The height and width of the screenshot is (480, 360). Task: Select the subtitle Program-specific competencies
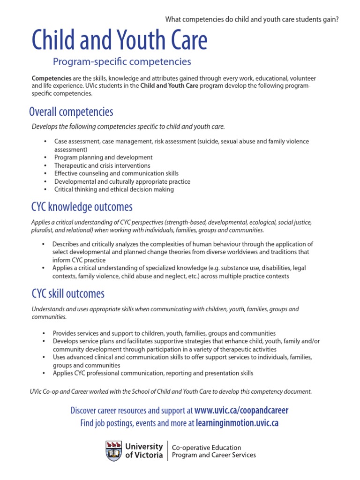[122, 61]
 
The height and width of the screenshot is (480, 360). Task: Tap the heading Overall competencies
[71, 112]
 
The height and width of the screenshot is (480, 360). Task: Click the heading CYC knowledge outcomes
[82, 207]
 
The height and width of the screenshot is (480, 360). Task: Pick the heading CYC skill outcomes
[68, 294]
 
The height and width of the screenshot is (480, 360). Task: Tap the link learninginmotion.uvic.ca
[237, 423]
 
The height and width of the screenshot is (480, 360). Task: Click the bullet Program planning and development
[103, 157]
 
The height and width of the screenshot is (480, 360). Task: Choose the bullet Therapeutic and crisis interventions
[102, 165]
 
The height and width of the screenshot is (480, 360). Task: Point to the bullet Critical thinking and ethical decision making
[114, 189]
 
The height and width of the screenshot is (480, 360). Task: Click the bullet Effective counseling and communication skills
[116, 173]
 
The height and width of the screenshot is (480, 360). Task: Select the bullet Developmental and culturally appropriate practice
[122, 181]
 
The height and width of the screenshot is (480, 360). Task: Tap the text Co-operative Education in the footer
[207, 448]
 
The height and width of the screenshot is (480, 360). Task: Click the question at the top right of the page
[252, 19]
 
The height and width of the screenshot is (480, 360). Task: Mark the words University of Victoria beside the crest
[144, 450]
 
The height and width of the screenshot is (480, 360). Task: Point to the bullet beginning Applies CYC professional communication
[153, 373]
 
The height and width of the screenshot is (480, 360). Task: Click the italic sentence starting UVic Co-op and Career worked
[171, 391]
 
